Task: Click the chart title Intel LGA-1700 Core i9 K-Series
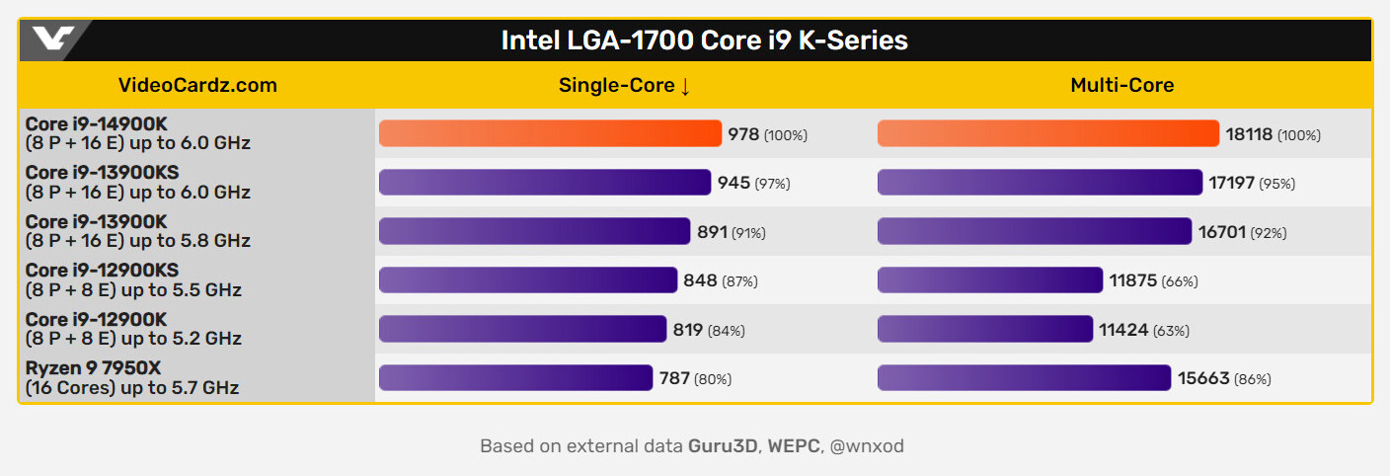point(704,40)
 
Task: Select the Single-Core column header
point(616,85)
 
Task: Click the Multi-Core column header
point(1121,85)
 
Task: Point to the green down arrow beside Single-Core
point(684,86)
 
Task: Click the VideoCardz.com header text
point(197,85)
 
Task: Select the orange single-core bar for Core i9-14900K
point(550,133)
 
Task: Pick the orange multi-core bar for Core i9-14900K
point(1047,133)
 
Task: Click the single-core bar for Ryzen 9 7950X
point(515,378)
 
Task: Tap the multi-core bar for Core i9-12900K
point(984,329)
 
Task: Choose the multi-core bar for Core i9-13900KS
point(1040,183)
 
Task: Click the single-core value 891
point(712,232)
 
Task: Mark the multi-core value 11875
point(1132,280)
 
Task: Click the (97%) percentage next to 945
point(772,184)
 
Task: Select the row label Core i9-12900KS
point(102,271)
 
